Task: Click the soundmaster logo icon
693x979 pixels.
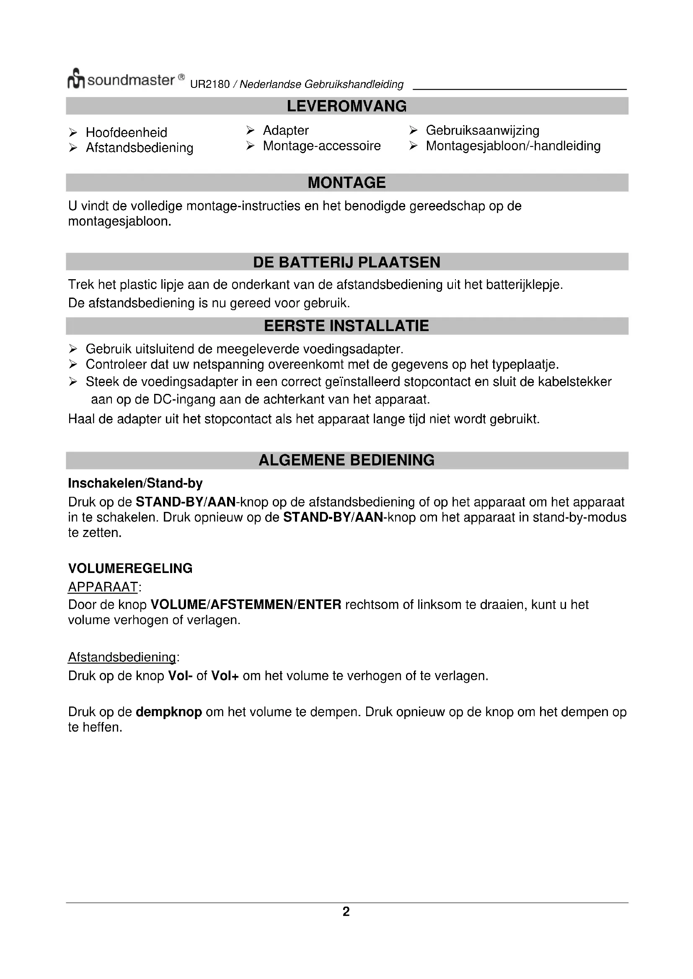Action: tap(76, 79)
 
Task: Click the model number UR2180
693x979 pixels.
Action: tap(209, 85)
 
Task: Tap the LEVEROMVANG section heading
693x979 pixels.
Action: tap(346, 106)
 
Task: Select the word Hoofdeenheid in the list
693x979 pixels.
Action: tap(126, 133)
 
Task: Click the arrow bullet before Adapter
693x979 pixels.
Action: tap(251, 130)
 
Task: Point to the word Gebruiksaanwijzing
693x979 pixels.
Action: tap(482, 131)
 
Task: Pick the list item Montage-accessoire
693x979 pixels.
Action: tap(321, 146)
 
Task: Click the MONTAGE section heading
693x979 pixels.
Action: tap(346, 182)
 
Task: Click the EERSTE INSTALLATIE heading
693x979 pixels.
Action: tap(346, 326)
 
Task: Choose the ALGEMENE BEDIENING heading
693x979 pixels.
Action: tap(346, 460)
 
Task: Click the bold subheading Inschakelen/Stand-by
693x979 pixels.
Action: tap(135, 483)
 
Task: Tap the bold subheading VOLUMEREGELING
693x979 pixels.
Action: tap(130, 568)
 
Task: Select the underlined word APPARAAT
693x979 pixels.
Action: tap(103, 587)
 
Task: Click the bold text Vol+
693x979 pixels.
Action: tap(225, 676)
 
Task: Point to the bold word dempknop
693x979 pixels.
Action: tap(168, 712)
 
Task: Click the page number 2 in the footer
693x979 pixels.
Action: tap(346, 912)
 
